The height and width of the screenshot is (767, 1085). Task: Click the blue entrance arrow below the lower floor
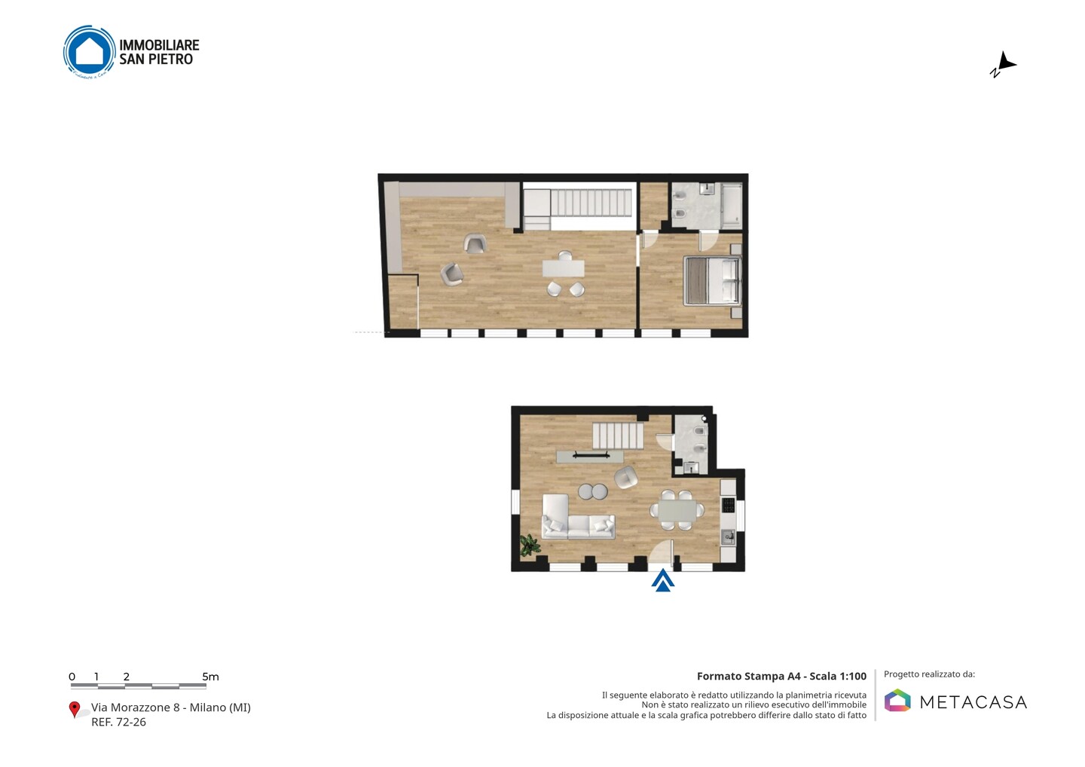click(x=662, y=581)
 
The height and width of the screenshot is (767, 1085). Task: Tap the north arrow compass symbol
click(x=1003, y=64)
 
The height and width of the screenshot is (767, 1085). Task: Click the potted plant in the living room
click(x=530, y=545)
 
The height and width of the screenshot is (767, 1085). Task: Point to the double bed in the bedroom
click(x=712, y=281)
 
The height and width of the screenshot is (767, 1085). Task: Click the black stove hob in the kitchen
click(x=729, y=505)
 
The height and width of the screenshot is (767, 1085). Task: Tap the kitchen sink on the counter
click(x=728, y=536)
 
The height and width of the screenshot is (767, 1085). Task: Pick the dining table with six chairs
click(x=677, y=510)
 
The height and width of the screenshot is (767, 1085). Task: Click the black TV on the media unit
click(x=591, y=454)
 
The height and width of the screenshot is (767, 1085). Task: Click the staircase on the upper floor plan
click(x=591, y=203)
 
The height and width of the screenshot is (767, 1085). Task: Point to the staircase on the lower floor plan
click(x=618, y=435)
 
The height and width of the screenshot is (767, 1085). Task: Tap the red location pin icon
click(x=74, y=710)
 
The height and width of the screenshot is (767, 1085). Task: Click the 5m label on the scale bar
click(x=211, y=677)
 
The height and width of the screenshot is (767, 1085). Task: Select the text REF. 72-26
click(x=119, y=722)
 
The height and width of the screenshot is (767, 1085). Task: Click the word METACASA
click(x=973, y=703)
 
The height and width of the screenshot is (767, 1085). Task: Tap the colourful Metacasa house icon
click(x=897, y=700)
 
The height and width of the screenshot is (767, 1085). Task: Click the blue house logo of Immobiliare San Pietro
click(x=90, y=51)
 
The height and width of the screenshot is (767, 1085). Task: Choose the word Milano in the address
click(x=207, y=707)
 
